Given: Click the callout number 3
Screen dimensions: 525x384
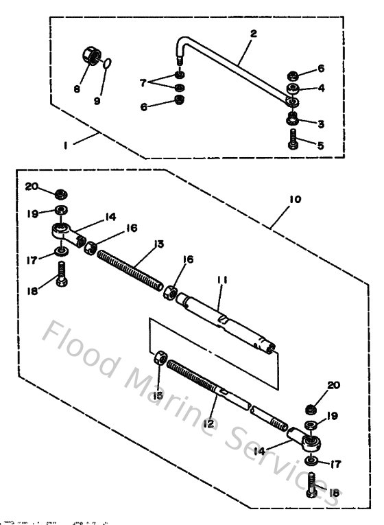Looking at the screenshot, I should [320, 123].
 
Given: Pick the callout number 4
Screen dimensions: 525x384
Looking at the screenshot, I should [320, 89].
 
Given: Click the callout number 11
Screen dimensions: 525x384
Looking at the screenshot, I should [220, 281].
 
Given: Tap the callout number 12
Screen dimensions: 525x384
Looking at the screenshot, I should [209, 423].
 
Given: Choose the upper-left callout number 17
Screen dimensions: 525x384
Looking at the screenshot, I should [29, 260].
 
